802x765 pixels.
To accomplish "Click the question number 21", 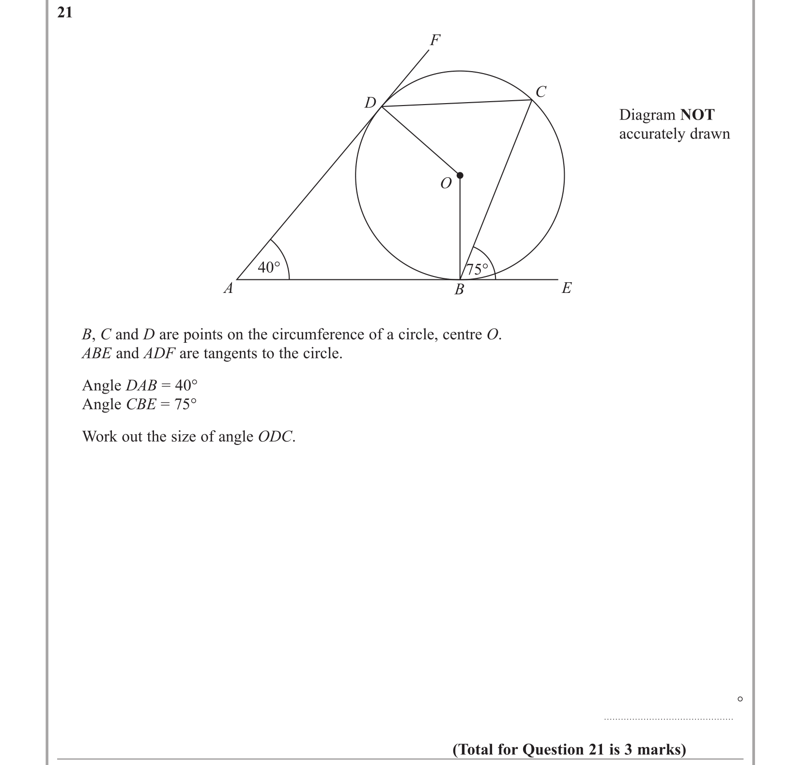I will pyautogui.click(x=64, y=13).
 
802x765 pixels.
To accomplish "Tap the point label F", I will pyautogui.click(x=435, y=40).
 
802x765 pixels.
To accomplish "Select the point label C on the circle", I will pyautogui.click(x=540, y=92).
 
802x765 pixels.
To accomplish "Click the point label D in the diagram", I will pyautogui.click(x=370, y=103).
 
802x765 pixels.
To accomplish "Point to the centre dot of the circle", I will pyautogui.click(x=460, y=175).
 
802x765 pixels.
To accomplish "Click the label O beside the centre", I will pyautogui.click(x=446, y=184).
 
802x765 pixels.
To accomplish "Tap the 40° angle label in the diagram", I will pyautogui.click(x=269, y=267).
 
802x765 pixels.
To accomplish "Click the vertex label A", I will pyautogui.click(x=228, y=289).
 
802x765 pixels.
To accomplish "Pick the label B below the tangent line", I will pyautogui.click(x=459, y=290).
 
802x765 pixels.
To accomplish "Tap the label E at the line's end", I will pyautogui.click(x=566, y=289).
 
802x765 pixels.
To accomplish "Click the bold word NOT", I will pyautogui.click(x=697, y=115).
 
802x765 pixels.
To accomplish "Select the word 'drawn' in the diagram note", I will pyautogui.click(x=709, y=134).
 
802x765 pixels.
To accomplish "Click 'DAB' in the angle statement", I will pyautogui.click(x=141, y=385).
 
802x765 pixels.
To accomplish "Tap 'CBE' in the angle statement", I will pyautogui.click(x=140, y=404).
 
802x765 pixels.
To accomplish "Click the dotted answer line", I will pyautogui.click(x=668, y=719).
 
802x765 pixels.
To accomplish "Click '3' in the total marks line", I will pyautogui.click(x=629, y=750).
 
